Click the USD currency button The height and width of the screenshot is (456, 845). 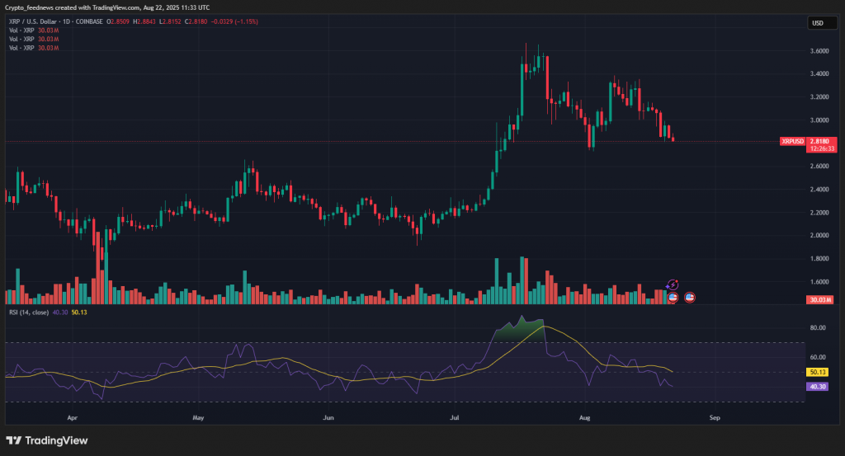click(819, 23)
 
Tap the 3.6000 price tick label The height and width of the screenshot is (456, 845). click(819, 50)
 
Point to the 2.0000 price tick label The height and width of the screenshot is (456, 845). click(819, 235)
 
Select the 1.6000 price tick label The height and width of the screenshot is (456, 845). click(819, 258)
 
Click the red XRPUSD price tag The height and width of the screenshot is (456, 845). click(792, 142)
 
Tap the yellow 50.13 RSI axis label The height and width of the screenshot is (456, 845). click(819, 373)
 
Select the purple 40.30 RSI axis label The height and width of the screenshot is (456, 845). click(819, 386)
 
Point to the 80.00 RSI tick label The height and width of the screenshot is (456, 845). click(819, 328)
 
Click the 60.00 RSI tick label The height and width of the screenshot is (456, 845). click(819, 357)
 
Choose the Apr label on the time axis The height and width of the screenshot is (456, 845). click(73, 418)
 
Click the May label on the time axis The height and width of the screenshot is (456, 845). click(198, 418)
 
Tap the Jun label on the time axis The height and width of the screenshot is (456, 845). click(328, 418)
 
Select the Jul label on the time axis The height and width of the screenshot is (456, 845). click(454, 418)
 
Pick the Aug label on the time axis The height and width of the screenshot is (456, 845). click(585, 418)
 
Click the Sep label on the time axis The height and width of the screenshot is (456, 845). click(715, 418)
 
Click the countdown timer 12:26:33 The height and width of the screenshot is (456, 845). click(823, 149)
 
